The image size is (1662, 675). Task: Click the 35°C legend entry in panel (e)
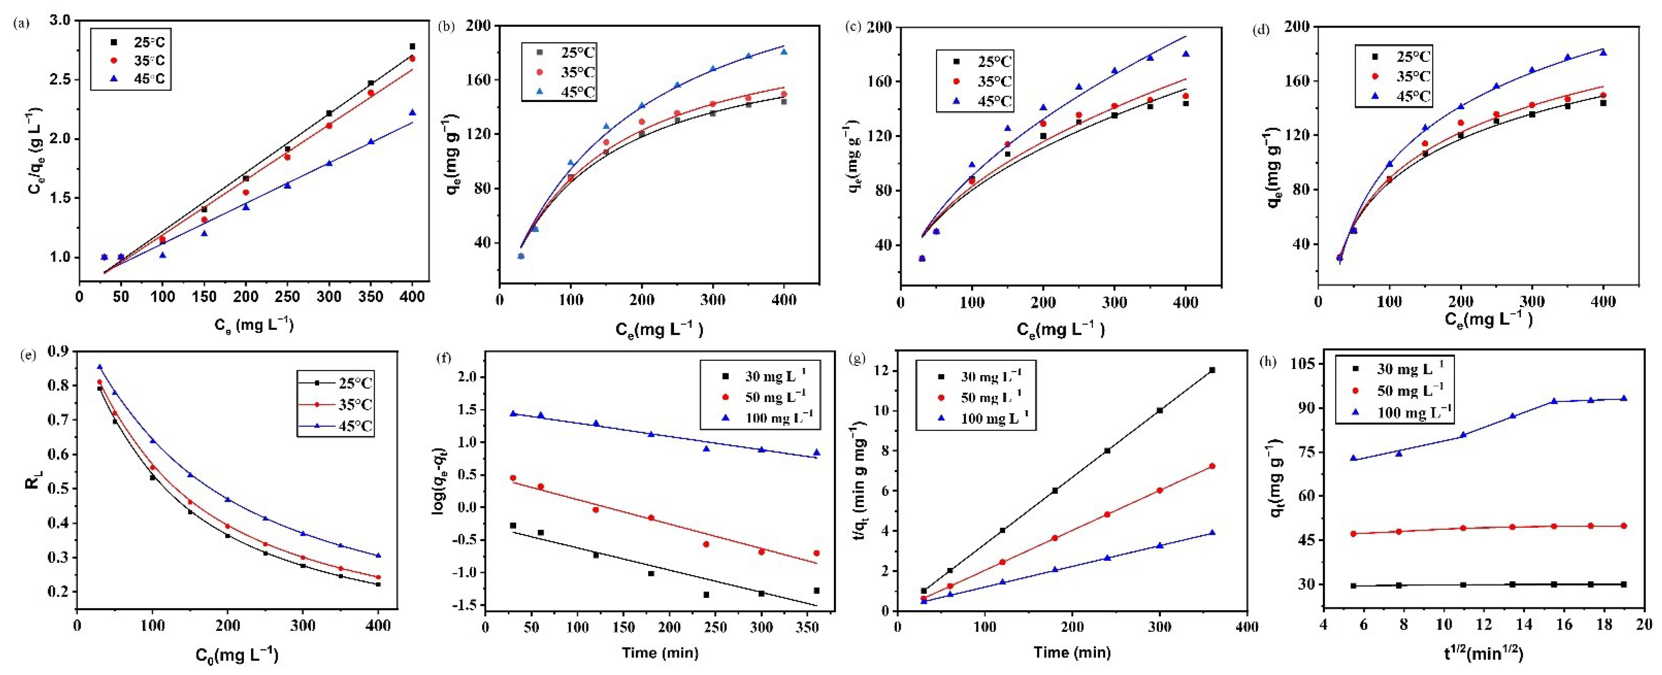coord(346,405)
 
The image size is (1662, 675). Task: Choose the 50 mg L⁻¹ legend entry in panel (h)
coord(1400,391)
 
